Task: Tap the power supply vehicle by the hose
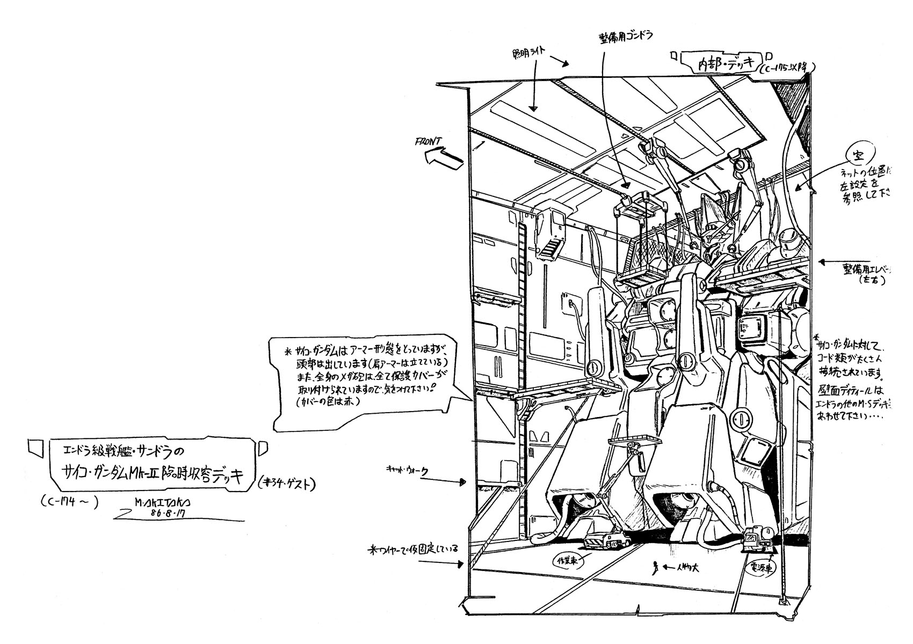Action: (x=758, y=538)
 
